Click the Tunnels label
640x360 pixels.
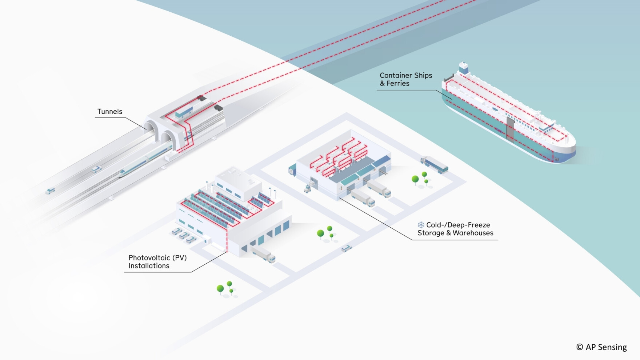(109, 112)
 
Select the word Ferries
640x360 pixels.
(398, 84)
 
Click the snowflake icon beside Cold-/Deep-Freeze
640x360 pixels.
(421, 225)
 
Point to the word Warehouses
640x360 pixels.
(473, 233)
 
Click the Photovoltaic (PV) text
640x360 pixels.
(157, 258)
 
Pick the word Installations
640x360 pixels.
(149, 266)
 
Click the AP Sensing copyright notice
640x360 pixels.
(601, 347)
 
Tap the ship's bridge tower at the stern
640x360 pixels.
(463, 68)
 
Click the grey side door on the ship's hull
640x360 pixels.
(510, 128)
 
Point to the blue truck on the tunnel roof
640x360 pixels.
(184, 112)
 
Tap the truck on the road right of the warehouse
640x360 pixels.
(434, 164)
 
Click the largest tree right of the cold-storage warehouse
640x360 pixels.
(415, 179)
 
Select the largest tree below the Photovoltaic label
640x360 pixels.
(220, 289)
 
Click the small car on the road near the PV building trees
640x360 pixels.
(346, 248)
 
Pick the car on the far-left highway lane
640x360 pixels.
(50, 191)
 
